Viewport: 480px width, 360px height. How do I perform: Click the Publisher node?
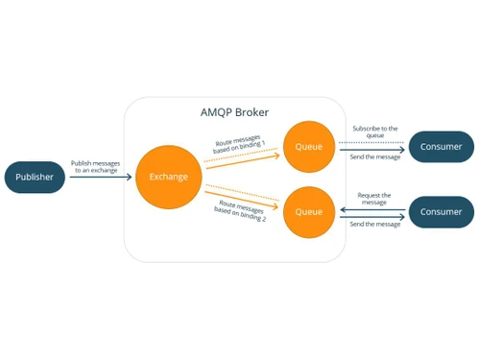pos(35,177)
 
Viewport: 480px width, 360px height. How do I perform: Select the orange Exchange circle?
pos(169,177)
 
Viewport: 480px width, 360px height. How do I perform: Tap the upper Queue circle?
pos(309,147)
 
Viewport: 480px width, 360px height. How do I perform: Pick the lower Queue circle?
pos(309,211)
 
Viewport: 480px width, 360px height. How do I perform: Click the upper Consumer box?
pos(441,147)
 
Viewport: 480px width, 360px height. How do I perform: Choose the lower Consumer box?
pos(441,211)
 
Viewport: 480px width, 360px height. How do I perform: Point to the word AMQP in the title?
pos(217,112)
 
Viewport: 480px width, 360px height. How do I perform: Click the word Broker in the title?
pos(252,112)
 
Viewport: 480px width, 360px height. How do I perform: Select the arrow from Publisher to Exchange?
pos(101,177)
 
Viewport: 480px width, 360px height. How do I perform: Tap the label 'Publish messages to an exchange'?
pos(96,166)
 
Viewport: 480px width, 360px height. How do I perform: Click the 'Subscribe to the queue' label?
pos(374,132)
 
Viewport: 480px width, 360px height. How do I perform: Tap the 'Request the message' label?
pos(374,198)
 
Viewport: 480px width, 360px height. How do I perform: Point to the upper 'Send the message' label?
pos(374,156)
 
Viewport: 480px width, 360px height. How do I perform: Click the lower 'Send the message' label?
pos(374,224)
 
